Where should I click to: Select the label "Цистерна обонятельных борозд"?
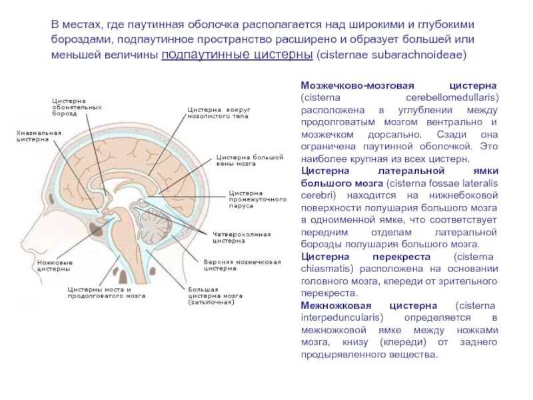click(x=77, y=107)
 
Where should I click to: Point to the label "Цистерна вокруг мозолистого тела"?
click(x=217, y=111)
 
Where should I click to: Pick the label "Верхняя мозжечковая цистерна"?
click(x=242, y=265)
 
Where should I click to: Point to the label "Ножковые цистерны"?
click(x=55, y=266)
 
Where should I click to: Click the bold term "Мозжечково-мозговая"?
click(x=358, y=86)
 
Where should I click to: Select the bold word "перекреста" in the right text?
click(x=398, y=257)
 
